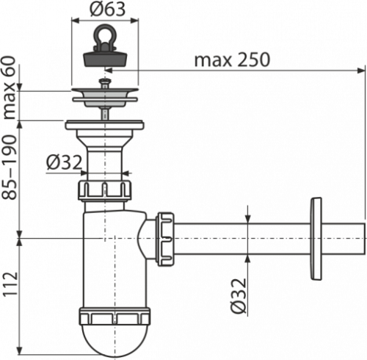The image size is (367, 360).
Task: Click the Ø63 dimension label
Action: (x=107, y=9)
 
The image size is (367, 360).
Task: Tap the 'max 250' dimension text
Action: (x=232, y=60)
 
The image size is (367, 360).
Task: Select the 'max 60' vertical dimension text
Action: (x=10, y=87)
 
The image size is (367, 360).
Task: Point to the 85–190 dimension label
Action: (x=10, y=168)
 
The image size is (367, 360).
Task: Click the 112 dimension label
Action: (x=10, y=284)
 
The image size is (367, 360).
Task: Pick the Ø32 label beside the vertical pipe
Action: (x=64, y=162)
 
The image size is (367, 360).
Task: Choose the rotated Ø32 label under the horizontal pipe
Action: (x=239, y=296)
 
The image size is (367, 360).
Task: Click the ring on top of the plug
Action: (x=105, y=35)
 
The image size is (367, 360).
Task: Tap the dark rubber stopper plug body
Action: (x=105, y=58)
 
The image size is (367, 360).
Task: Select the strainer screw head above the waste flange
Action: (x=105, y=82)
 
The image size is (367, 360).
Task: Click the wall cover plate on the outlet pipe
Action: (x=316, y=238)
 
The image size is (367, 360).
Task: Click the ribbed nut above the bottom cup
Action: (x=115, y=317)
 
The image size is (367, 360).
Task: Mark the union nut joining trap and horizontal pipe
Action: (x=165, y=239)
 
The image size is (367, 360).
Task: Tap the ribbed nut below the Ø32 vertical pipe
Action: (x=105, y=190)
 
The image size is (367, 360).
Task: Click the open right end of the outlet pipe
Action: (x=363, y=239)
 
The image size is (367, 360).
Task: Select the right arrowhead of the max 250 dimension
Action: (x=360, y=71)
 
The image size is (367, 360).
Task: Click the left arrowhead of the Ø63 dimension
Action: (x=76, y=21)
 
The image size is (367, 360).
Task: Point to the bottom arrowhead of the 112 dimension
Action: (x=20, y=350)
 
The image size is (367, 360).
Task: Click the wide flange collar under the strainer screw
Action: (x=104, y=125)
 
